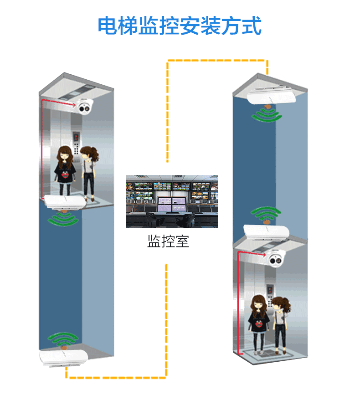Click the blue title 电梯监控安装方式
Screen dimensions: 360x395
[x=180, y=26]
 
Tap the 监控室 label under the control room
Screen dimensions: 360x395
[x=168, y=241]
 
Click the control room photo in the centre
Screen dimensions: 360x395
[x=171, y=201]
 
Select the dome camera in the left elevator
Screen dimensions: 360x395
[x=85, y=107]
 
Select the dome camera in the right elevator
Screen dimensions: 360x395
[x=276, y=258]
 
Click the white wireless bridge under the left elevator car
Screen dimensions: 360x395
[x=65, y=202]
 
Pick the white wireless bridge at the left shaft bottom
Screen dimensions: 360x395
[x=63, y=357]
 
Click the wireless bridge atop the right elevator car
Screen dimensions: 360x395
[x=266, y=232]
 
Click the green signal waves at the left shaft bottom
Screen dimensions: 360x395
[x=63, y=339]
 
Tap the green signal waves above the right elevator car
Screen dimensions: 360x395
[x=266, y=213]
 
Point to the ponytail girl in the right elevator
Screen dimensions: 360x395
[x=281, y=325]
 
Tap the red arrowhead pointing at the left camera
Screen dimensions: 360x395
[x=73, y=104]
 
